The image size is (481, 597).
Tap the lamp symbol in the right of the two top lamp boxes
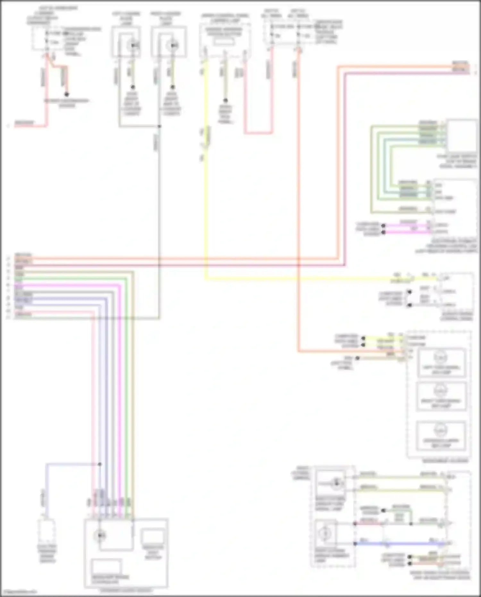point(172,46)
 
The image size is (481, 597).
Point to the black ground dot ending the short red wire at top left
point(66,94)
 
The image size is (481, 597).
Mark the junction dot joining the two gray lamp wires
point(159,126)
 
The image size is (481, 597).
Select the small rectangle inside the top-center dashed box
point(224,42)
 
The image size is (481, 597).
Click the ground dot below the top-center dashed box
point(225,100)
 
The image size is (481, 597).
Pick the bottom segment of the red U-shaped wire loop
point(258,132)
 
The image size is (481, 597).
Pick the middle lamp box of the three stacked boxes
point(441,396)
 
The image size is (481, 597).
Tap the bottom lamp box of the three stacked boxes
point(441,435)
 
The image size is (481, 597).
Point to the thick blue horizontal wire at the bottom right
point(401,544)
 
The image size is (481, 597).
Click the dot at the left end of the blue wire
point(355,544)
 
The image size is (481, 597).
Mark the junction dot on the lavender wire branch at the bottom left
point(100,464)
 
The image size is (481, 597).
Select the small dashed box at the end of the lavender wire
point(47,532)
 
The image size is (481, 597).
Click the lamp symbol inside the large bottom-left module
point(100,535)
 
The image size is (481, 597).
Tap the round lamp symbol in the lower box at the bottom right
point(326,533)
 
